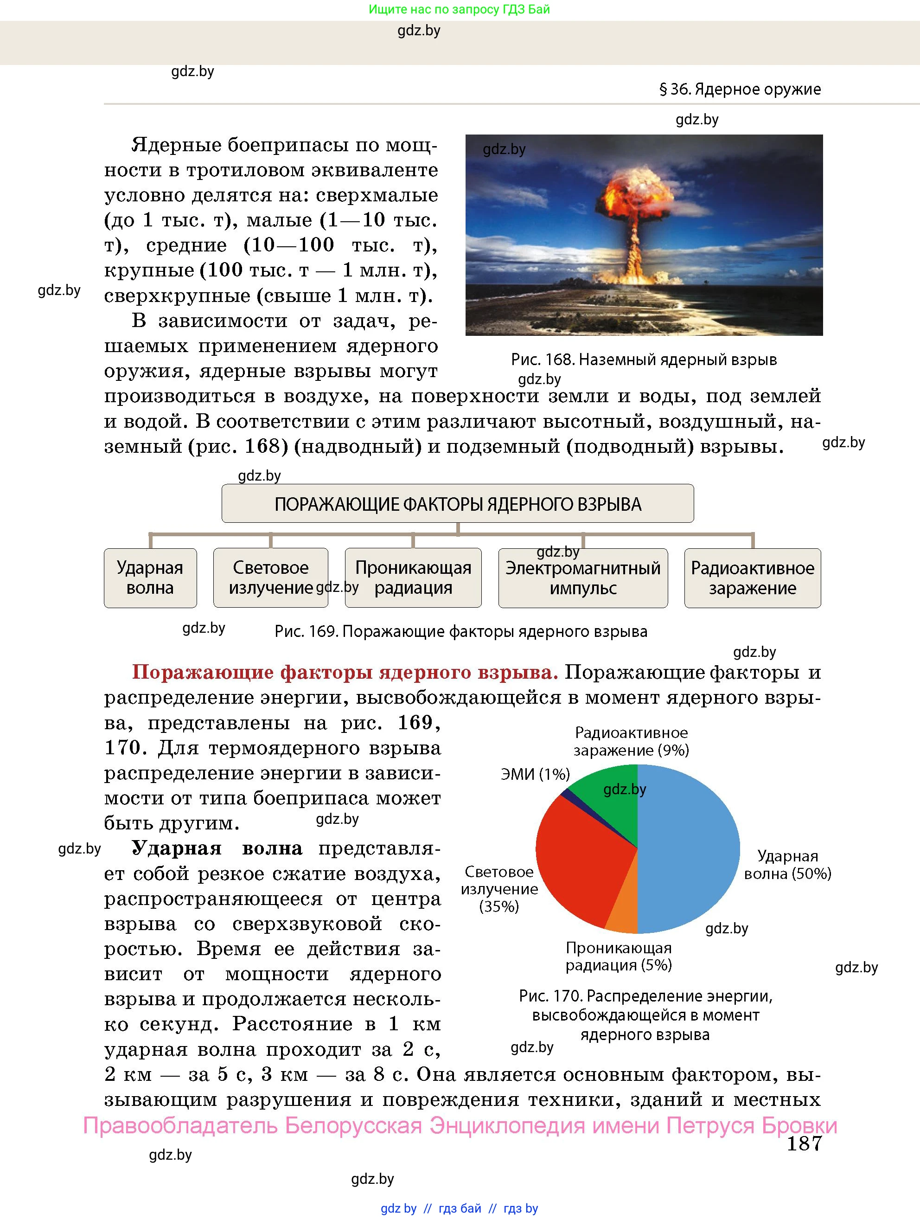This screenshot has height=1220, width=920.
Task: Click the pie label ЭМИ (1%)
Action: point(535,774)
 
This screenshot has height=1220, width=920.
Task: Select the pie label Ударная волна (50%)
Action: point(787,864)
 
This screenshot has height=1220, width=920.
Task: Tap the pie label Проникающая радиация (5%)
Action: point(619,957)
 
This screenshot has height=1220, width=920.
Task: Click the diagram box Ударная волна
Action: point(150,578)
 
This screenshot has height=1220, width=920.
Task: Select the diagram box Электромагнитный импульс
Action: point(582,578)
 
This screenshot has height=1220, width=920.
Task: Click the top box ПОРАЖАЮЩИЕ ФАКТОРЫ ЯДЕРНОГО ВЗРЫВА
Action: point(458,504)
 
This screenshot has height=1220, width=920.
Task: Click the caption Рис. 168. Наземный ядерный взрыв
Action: point(643,360)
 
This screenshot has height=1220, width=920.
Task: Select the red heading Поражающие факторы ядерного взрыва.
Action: point(345,672)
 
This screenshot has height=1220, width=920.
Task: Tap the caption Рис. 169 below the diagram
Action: point(461,631)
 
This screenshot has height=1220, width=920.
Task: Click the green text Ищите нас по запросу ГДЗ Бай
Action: point(459,9)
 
